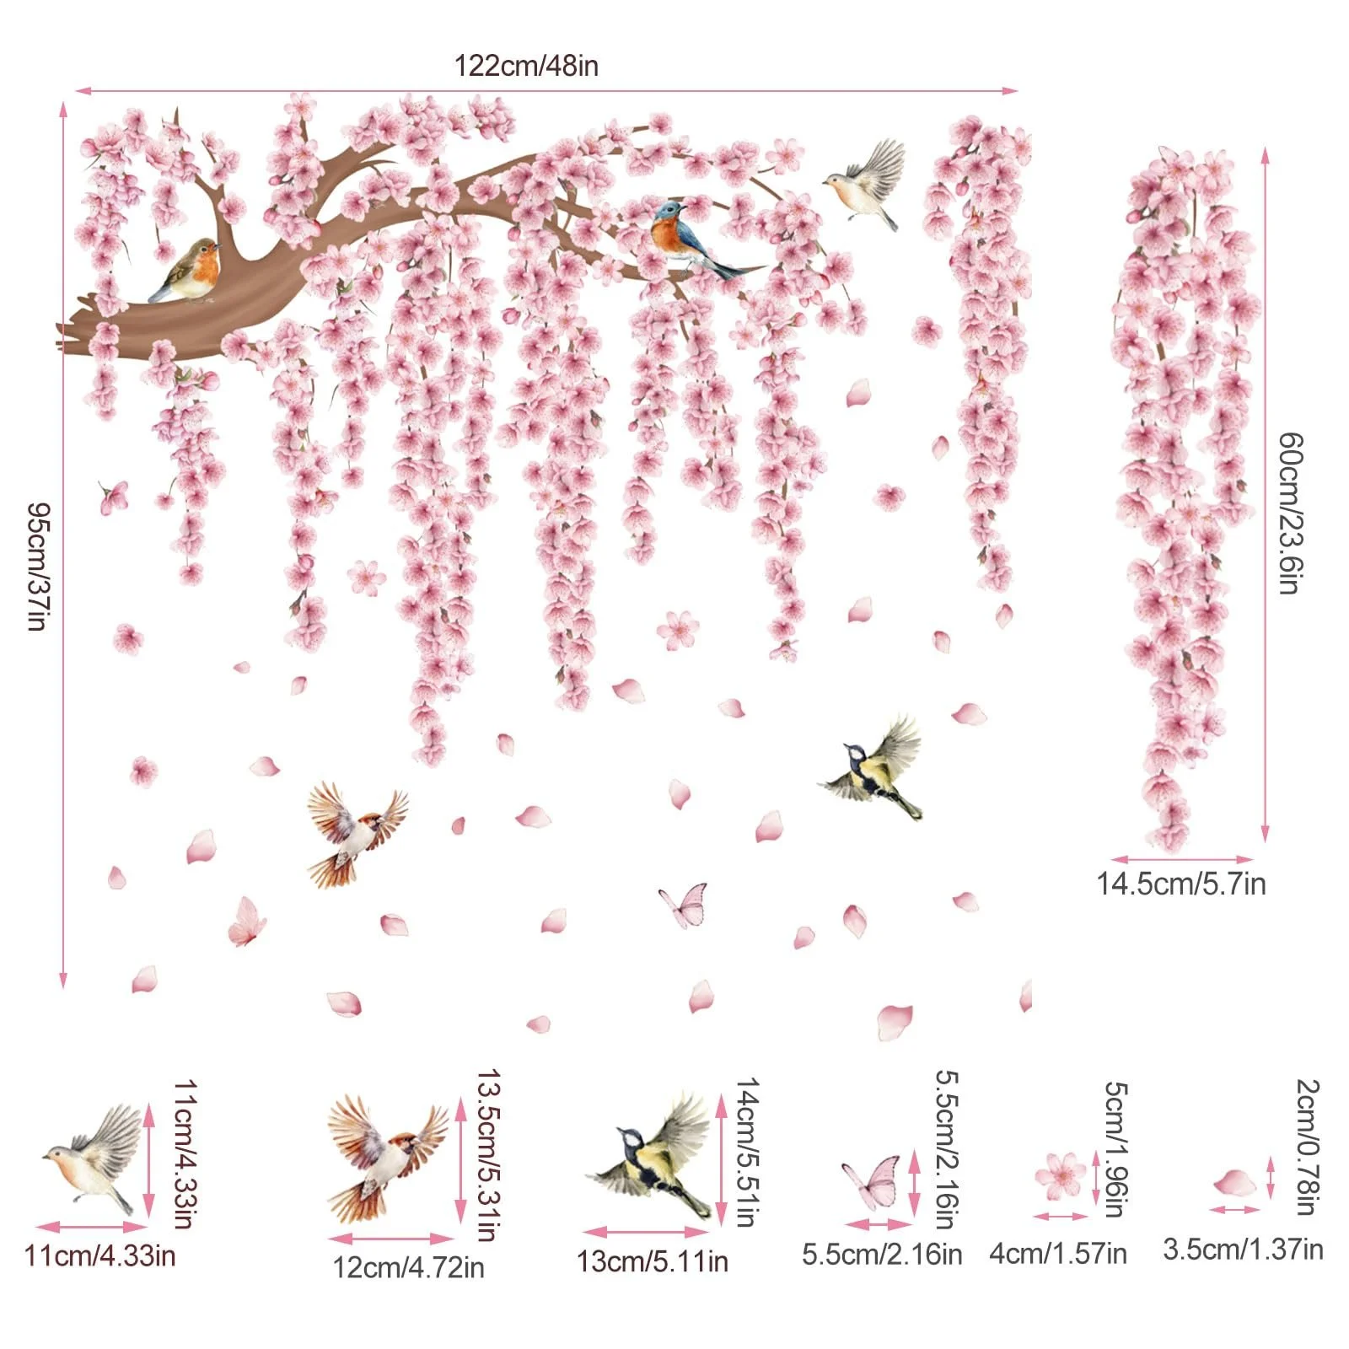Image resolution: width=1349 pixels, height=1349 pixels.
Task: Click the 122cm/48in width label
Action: (x=526, y=66)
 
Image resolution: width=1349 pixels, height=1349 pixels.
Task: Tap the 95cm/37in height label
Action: (x=39, y=567)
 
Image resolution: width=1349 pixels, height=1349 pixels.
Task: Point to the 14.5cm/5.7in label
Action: (x=1180, y=884)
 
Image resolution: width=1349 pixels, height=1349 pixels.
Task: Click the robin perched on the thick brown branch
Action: (x=188, y=271)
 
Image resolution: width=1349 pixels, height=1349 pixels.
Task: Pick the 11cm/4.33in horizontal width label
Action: (x=100, y=1255)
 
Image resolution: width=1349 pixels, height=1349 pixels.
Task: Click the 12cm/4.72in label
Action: (x=408, y=1267)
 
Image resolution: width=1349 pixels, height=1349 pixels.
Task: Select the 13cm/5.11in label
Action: (x=652, y=1262)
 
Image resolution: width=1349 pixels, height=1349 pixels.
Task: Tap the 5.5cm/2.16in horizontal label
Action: (x=881, y=1254)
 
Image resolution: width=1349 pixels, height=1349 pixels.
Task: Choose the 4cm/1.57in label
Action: (x=1058, y=1254)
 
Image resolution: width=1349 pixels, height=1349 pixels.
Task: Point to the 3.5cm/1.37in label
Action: (x=1243, y=1249)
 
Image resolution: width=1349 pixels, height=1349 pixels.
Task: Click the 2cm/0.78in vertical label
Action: (x=1308, y=1147)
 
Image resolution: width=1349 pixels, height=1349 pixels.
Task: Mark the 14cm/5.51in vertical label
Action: (x=748, y=1152)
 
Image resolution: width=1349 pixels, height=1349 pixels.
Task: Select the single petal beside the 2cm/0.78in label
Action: (x=1236, y=1182)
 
